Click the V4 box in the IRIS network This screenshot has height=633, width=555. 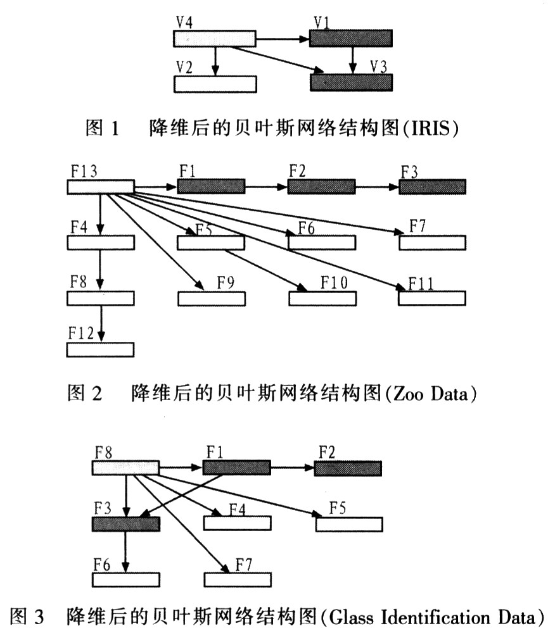215,39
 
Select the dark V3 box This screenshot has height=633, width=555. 351,82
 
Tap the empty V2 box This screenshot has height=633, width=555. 215,84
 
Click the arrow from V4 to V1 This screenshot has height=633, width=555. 282,39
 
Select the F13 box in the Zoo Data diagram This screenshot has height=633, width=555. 101,187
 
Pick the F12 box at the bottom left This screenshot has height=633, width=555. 101,349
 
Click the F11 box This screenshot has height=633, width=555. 432,298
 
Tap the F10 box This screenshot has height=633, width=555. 322,298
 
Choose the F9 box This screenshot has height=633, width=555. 211,298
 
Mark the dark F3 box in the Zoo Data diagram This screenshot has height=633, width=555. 432,187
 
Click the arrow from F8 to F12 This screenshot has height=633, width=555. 101,323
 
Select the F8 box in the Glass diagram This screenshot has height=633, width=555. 126,468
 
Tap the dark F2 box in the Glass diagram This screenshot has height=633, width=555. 348,468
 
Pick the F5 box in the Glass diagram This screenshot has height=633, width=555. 349,524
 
